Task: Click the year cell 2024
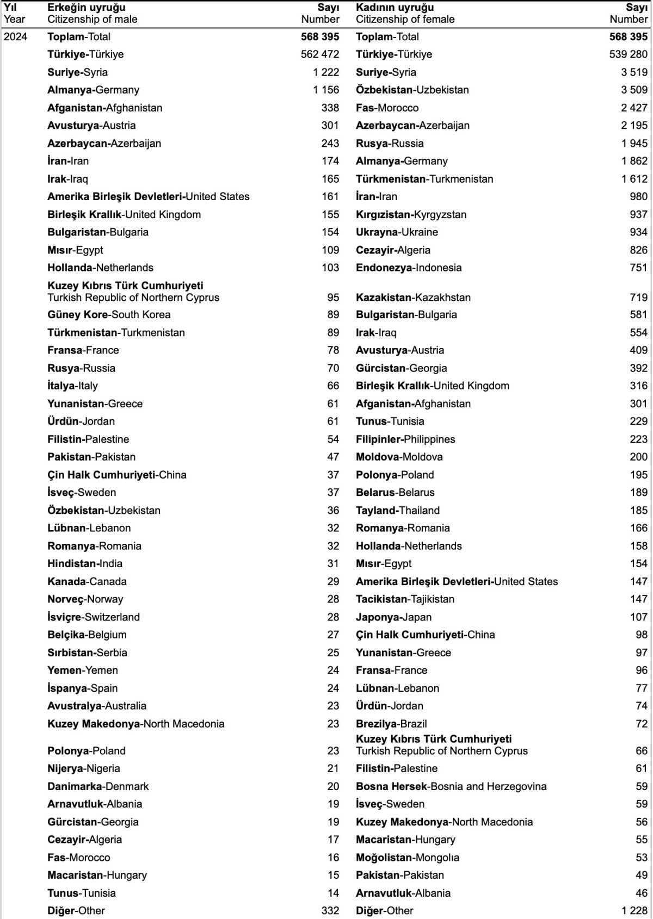[x=15, y=37]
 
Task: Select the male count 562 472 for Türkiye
[x=320, y=54]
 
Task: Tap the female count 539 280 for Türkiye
[x=629, y=54]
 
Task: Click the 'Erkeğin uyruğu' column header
[x=87, y=8]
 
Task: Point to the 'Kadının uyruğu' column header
[x=395, y=8]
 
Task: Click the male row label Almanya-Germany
[x=93, y=90]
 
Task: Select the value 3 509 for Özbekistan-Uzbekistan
[x=634, y=90]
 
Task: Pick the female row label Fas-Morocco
[x=387, y=108]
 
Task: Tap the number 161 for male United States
[x=330, y=197]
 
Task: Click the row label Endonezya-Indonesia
[x=409, y=268]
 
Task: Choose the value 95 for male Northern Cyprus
[x=333, y=297]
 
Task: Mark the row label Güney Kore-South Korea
[x=109, y=315]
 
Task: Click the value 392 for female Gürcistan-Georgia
[x=639, y=368]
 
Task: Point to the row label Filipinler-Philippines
[x=405, y=439]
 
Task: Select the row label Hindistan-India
[x=85, y=564]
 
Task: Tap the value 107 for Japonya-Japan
[x=639, y=617]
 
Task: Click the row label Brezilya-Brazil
[x=391, y=724]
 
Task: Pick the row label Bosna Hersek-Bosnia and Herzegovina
[x=451, y=786]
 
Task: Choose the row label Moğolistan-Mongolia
[x=408, y=858]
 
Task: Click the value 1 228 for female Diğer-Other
[x=634, y=911]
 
